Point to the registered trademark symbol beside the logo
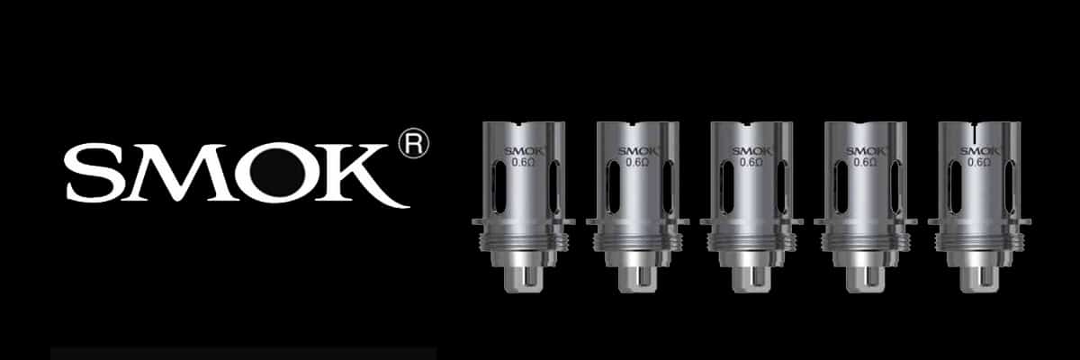[x=414, y=143]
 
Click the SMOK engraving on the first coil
[x=524, y=151]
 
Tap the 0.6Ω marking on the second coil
[x=637, y=162]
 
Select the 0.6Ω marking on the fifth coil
[x=979, y=162]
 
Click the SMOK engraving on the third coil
[x=751, y=151]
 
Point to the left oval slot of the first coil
[x=499, y=187]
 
